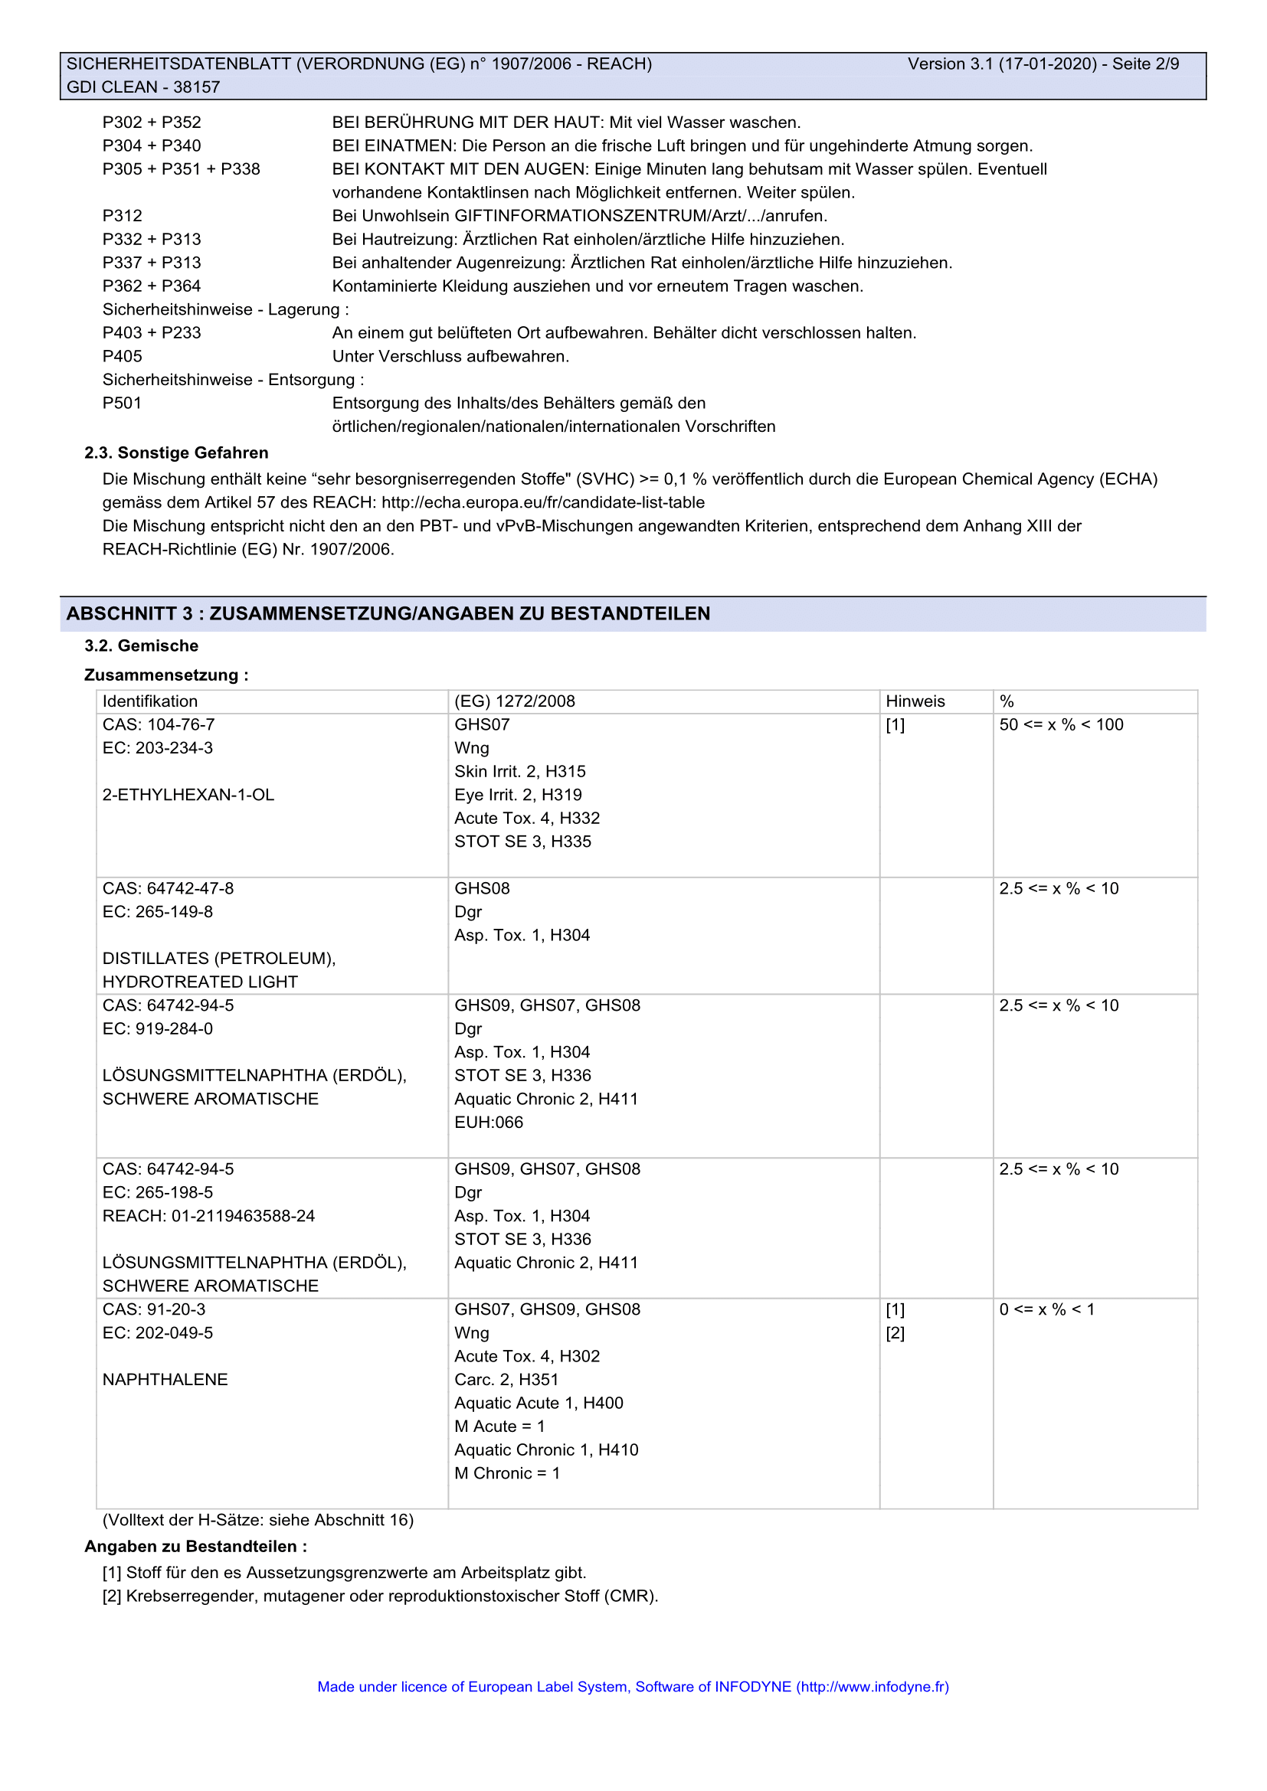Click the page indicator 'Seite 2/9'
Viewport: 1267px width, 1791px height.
[x=1145, y=64]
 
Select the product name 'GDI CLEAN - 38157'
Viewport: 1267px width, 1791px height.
[x=143, y=87]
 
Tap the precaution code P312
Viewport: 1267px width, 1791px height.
[x=123, y=216]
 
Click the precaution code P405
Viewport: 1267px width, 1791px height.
[x=123, y=357]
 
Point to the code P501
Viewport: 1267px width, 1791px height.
[x=122, y=404]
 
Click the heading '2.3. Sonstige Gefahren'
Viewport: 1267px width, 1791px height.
[x=176, y=453]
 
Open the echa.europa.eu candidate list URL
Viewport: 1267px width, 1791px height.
[x=543, y=502]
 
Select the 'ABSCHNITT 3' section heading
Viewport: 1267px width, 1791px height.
[x=388, y=614]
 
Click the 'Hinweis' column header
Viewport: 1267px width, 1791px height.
[x=915, y=701]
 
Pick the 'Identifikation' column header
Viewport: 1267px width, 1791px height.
[x=150, y=701]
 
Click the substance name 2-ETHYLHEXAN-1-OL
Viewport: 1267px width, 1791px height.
[x=188, y=795]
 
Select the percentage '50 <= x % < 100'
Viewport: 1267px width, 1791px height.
[x=1061, y=724]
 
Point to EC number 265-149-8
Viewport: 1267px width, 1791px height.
[x=158, y=912]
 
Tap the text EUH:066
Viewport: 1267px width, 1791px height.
[x=489, y=1123]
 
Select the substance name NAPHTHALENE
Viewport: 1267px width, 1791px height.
[x=165, y=1380]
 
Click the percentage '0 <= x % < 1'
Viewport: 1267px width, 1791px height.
[x=1046, y=1309]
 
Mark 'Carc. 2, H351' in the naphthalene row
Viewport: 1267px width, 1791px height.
[x=506, y=1380]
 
